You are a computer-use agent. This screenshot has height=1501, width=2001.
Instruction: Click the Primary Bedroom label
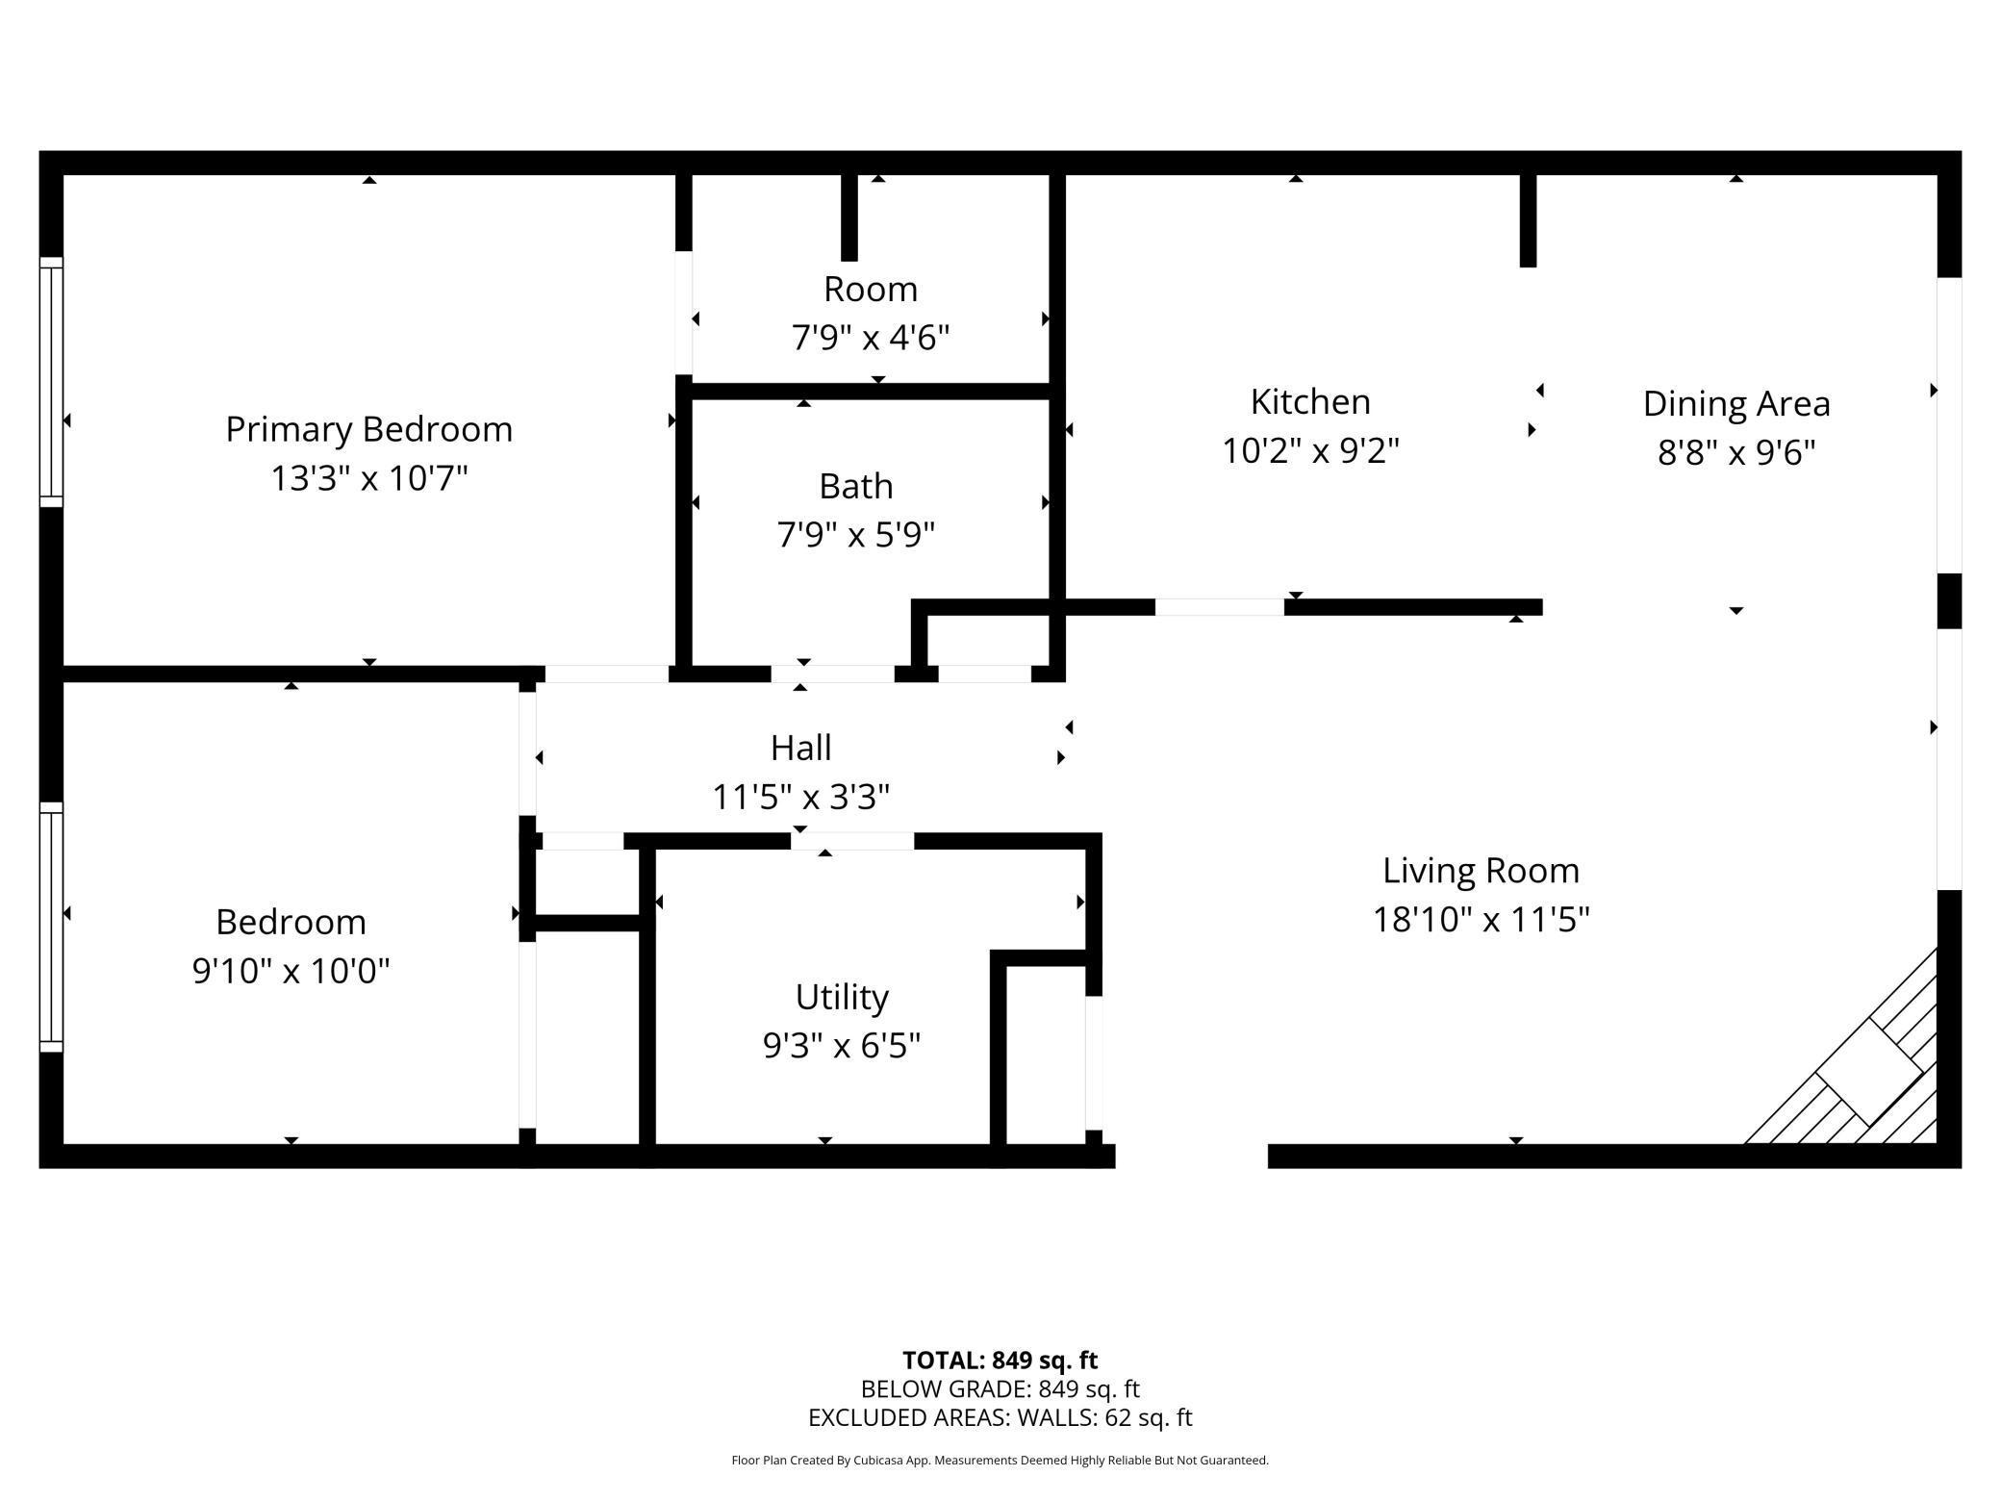click(x=368, y=429)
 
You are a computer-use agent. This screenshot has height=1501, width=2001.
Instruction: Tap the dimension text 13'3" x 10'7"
click(x=368, y=478)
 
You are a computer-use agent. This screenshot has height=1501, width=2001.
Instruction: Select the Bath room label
click(x=855, y=486)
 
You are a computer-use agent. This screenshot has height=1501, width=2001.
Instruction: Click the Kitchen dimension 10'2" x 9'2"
click(x=1309, y=450)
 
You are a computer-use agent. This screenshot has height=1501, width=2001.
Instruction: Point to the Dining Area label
click(x=1735, y=404)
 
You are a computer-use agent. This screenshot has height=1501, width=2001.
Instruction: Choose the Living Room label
click(x=1481, y=871)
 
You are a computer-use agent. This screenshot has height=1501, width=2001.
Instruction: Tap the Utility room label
click(x=841, y=997)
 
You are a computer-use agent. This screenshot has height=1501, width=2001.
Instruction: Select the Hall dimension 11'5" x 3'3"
click(x=800, y=797)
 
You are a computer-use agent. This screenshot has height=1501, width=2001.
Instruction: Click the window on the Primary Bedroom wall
click(x=51, y=382)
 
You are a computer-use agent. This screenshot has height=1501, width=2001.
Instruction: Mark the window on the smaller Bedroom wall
click(x=51, y=928)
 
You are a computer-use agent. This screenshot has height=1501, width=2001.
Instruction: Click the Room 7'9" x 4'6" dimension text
click(x=870, y=339)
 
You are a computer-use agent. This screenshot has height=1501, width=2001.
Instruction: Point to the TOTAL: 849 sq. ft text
click(x=1000, y=1361)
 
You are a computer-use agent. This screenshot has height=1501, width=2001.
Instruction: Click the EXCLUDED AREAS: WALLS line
click(x=1000, y=1417)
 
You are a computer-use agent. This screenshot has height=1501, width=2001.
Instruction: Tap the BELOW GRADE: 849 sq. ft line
click(x=1000, y=1389)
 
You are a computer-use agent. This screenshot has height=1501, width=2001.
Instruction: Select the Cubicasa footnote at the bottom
click(x=1000, y=1461)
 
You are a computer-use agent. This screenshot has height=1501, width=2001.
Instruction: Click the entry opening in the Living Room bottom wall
click(x=1191, y=1156)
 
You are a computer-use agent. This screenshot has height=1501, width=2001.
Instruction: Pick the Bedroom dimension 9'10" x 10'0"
click(x=291, y=971)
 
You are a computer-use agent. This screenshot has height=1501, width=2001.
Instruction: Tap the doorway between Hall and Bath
click(x=832, y=674)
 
